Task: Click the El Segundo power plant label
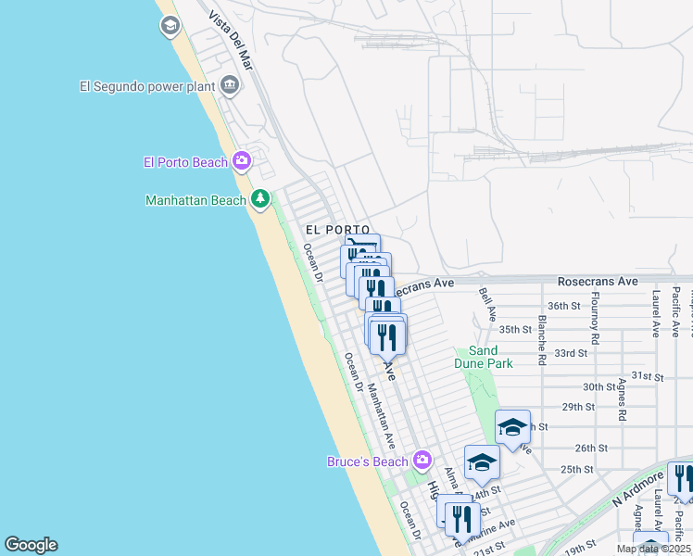pos(146,87)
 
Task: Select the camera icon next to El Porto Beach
pos(241,162)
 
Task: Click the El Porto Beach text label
pos(185,162)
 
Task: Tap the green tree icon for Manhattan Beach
pos(260,199)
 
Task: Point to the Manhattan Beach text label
pos(195,200)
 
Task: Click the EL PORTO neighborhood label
pos(337,229)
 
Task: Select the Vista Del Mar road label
pos(231,41)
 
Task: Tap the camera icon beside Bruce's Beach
pos(422,461)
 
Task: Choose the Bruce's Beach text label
pos(368,461)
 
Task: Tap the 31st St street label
pos(649,377)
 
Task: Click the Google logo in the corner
pos(31,545)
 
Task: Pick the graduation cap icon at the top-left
pos(170,26)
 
